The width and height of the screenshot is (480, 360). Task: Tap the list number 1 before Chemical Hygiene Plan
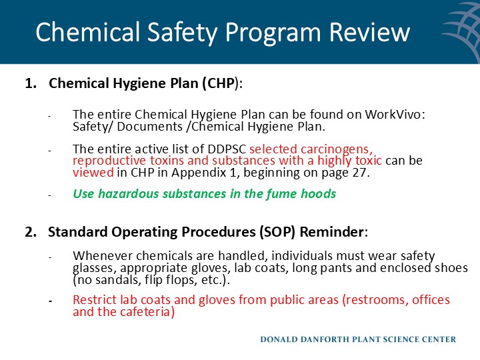pyautogui.click(x=29, y=84)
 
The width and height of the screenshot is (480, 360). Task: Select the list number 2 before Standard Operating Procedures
pyautogui.click(x=29, y=233)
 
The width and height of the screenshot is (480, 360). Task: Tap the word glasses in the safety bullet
pyautogui.click(x=93, y=268)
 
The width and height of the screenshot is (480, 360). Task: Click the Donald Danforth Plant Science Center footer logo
pyautogui.click(x=357, y=339)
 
